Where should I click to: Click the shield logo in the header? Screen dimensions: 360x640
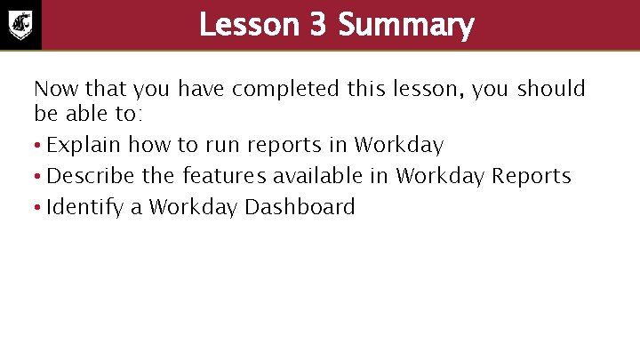[20, 25]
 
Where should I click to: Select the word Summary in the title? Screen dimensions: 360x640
[406, 25]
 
